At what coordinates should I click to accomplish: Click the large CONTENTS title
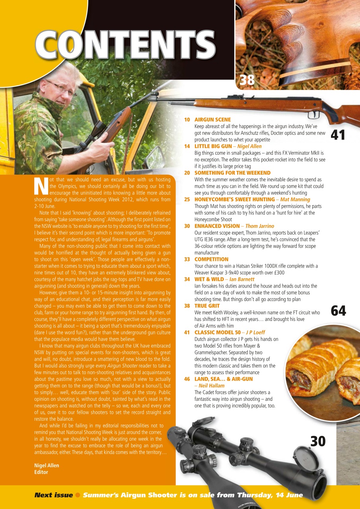pyautogui.click(x=125, y=45)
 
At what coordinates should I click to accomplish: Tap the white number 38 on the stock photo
pyautogui.click(x=247, y=80)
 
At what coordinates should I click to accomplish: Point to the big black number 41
pyautogui.click(x=338, y=135)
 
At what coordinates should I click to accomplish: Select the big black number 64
pyautogui.click(x=338, y=311)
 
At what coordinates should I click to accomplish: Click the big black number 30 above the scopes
pyautogui.click(x=317, y=441)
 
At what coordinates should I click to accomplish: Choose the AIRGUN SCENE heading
pyautogui.click(x=212, y=120)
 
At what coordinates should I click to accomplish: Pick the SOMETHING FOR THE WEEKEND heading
pyautogui.click(x=232, y=173)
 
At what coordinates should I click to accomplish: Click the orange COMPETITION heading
pyautogui.click(x=211, y=259)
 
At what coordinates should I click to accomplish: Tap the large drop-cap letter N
pyautogui.click(x=41, y=186)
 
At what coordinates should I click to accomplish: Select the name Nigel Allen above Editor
pyautogui.click(x=47, y=466)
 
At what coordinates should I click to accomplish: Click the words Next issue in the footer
pyautogui.click(x=53, y=495)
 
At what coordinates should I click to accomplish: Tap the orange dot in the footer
pyautogui.click(x=78, y=495)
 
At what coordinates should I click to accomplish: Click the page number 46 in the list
pyautogui.click(x=187, y=379)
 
